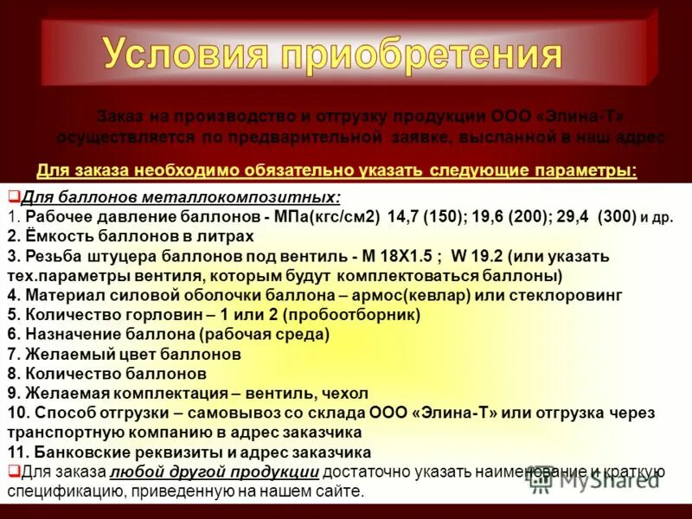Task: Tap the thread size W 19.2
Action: click(x=474, y=257)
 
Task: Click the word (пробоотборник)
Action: click(x=355, y=315)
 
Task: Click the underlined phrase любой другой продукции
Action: click(x=215, y=471)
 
